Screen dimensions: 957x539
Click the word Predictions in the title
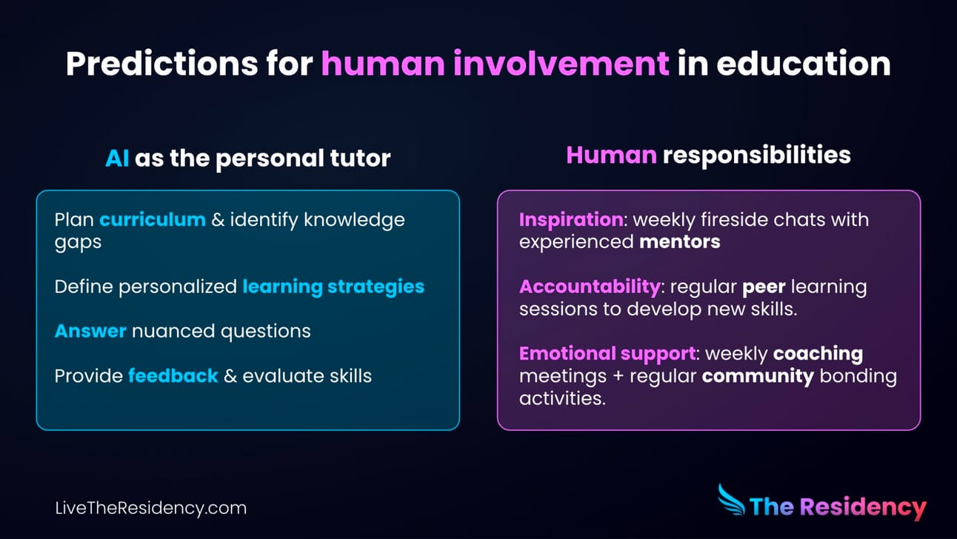161,64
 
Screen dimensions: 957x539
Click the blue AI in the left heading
117,158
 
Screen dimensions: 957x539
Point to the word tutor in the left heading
360,158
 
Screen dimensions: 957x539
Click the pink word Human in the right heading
611,155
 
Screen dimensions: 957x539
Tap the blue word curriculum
153,220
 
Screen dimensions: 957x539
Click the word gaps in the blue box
78,243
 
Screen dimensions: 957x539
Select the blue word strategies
376,287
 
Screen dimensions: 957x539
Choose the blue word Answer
90,332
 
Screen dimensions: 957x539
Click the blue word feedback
173,376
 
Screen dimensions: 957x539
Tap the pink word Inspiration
571,220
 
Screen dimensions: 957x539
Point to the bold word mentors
680,242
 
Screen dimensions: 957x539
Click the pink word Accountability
590,287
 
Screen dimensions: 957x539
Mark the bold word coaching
818,355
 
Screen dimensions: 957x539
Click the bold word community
758,377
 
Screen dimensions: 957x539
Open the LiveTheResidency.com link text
151,508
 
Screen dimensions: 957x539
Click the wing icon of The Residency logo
731,500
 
